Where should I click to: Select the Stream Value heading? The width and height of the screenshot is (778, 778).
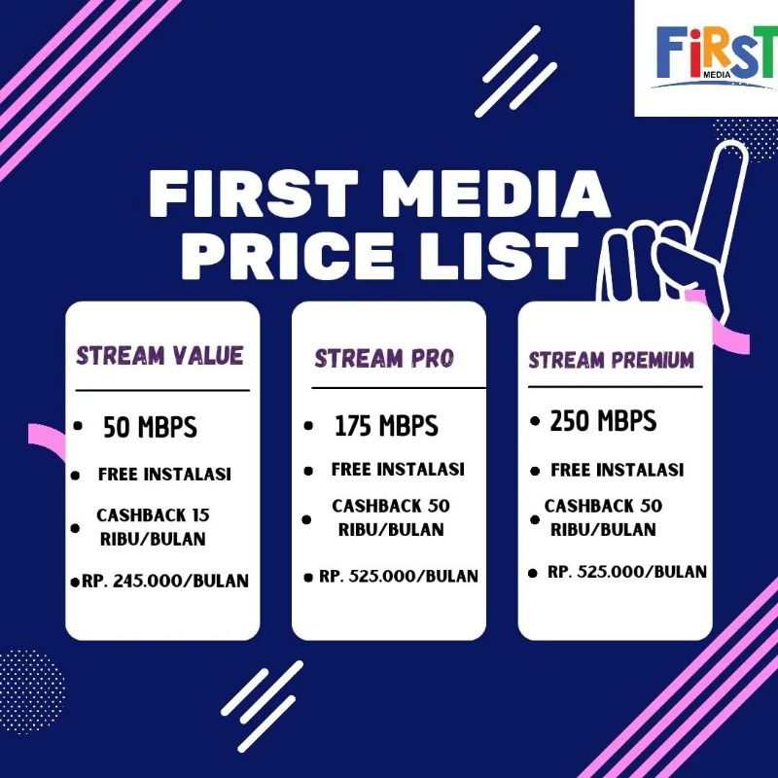coord(160,355)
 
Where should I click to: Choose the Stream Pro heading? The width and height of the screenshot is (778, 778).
coord(384,359)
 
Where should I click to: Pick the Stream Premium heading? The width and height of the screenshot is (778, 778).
coord(612,361)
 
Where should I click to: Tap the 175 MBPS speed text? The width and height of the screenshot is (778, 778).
coord(386,426)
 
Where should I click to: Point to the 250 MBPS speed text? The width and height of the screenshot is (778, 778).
coord(603,421)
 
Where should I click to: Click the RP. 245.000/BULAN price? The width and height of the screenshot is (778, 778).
coord(165,582)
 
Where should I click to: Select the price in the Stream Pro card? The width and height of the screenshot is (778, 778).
coord(399,576)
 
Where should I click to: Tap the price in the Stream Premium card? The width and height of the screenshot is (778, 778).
coord(626,572)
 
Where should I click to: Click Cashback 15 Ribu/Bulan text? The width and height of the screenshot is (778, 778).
coord(154,527)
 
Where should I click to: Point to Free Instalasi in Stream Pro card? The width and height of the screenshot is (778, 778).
coord(398,469)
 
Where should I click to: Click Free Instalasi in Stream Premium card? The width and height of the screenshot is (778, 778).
coord(618,470)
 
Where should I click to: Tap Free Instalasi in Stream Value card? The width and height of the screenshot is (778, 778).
coord(163,475)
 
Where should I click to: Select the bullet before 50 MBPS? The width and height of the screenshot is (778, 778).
coord(78,427)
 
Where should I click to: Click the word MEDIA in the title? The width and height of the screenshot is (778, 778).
coord(496,194)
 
